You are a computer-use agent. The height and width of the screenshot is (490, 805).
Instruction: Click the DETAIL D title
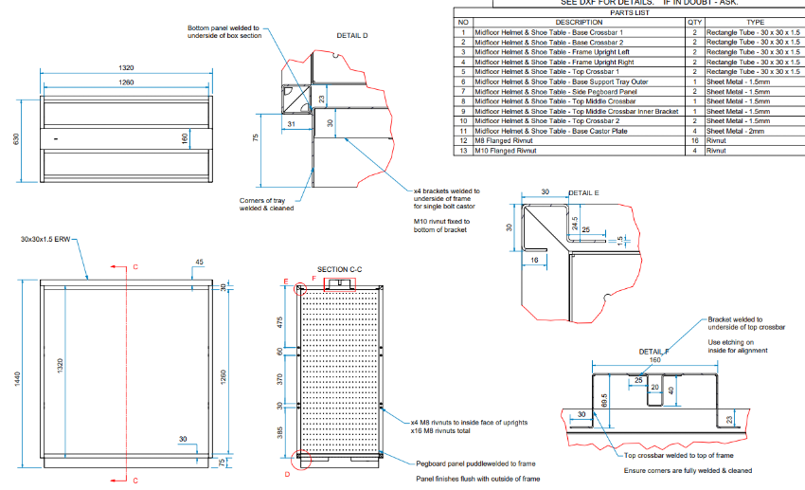(352, 35)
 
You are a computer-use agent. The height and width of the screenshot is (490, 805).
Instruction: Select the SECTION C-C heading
(340, 269)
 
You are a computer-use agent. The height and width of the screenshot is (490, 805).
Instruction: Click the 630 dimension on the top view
(16, 139)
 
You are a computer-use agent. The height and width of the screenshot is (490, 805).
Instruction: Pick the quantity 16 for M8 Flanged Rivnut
(696, 140)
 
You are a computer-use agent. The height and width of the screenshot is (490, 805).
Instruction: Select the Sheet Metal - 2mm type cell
(736, 131)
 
